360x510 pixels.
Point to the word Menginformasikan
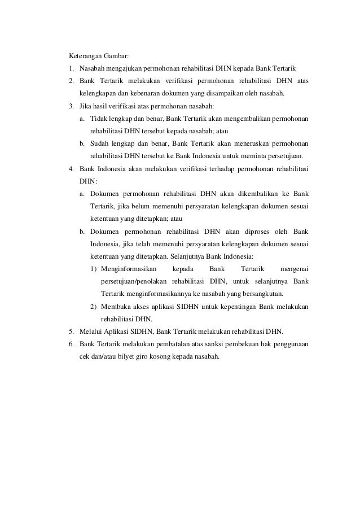pyautogui.click(x=128, y=268)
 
